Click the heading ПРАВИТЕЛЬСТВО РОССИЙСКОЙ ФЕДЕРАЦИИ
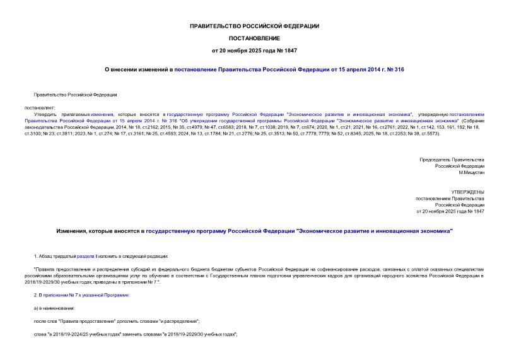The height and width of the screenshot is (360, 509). tap(254, 26)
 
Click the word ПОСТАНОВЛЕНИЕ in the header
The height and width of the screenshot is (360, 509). tap(254, 38)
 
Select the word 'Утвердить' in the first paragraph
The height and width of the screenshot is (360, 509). tap(45, 113)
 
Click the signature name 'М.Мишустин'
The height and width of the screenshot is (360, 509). tap(471, 172)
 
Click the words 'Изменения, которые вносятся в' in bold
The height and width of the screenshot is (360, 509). tap(100, 231)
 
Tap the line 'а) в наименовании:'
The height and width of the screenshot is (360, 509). tap(54, 308)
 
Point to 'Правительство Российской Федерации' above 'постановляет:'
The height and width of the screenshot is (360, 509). tap(75, 95)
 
